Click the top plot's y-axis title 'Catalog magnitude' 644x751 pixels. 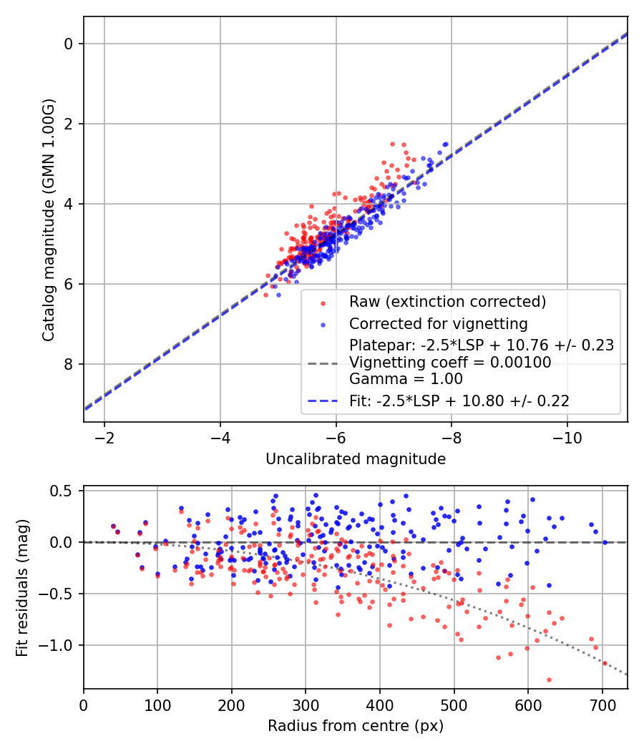[48, 219]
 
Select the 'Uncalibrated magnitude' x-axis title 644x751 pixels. [356, 459]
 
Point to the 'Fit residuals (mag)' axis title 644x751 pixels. [23, 587]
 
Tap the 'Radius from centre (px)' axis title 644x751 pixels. [356, 726]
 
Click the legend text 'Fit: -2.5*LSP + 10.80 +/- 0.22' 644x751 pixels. [459, 401]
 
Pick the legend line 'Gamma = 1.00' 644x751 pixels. [406, 379]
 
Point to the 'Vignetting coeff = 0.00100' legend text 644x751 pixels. [450, 363]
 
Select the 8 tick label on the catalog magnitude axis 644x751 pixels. [69, 364]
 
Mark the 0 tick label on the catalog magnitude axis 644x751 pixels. [69, 44]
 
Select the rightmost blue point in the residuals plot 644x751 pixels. [605, 542]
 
